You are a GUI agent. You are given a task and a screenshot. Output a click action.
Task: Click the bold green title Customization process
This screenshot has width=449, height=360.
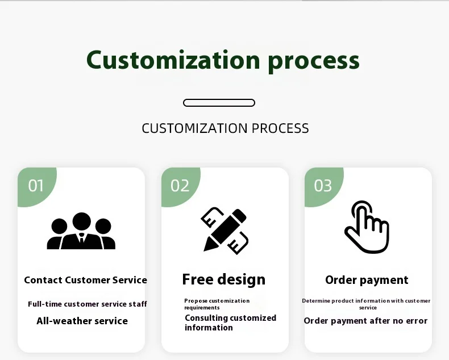223,61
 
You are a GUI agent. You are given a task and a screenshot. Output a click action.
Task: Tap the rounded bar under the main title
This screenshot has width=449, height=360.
219,103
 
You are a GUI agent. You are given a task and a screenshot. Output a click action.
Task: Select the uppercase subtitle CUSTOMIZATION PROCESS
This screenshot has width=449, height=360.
226,128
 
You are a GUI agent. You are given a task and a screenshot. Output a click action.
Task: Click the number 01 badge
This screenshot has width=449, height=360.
36,186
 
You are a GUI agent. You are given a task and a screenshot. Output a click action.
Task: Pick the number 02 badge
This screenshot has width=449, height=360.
180,186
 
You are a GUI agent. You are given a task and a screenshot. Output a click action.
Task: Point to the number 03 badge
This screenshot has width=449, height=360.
323,186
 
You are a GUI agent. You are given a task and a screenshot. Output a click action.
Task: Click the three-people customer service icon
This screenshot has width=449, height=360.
81,231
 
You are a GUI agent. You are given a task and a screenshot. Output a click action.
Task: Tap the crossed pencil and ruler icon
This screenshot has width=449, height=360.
224,231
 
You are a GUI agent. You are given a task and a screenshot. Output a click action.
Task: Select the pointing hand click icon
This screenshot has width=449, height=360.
367,227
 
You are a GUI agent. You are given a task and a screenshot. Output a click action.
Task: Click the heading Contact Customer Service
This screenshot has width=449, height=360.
86,280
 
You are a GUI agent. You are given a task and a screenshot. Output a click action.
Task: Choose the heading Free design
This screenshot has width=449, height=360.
223,279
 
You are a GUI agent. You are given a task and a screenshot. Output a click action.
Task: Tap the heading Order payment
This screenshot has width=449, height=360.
367,280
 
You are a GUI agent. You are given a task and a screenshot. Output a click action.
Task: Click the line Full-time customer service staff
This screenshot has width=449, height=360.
88,304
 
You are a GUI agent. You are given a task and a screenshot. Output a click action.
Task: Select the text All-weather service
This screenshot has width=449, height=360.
82,321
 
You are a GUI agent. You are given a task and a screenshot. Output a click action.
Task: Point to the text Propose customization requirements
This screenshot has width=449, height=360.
217,304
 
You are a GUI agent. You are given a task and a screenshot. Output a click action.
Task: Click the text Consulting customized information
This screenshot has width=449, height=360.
231,323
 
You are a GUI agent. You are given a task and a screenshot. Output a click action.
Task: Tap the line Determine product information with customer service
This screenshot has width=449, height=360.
366,304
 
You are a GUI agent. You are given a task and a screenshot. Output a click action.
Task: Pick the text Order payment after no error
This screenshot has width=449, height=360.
365,321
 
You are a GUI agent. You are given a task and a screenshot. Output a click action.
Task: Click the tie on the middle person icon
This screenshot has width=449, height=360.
82,238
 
